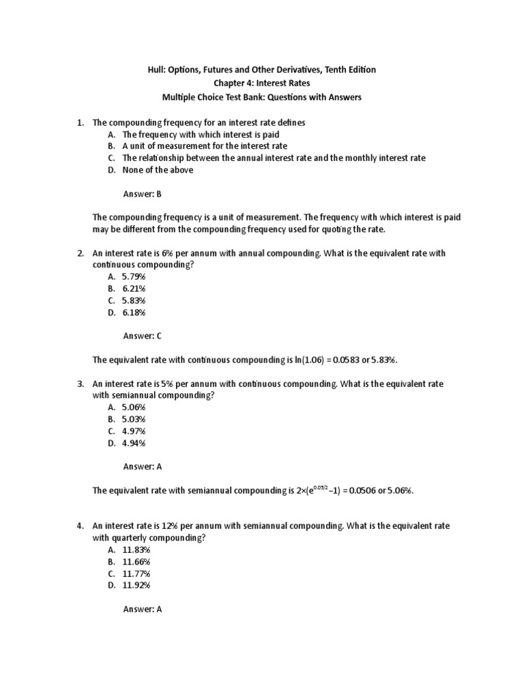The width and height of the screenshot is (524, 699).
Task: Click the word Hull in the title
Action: pos(158,70)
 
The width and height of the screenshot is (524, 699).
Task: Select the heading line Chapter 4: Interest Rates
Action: pos(262,83)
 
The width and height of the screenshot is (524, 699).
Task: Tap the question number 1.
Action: pos(80,122)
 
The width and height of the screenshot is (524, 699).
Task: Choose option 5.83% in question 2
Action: pos(134,300)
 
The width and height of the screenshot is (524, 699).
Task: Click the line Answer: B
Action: pos(142,194)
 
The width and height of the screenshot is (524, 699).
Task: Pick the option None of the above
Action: pos(158,170)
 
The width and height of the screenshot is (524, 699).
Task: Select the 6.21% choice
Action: pos(134,289)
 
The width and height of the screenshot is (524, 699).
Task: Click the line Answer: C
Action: pos(142,336)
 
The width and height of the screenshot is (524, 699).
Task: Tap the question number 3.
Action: pos(80,384)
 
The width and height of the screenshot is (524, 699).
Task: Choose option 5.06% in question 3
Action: pos(134,408)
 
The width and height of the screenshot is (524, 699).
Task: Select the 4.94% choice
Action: pos(134,443)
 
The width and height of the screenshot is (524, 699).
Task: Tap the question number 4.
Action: pos(80,526)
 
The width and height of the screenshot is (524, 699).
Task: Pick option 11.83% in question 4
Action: pos(136,550)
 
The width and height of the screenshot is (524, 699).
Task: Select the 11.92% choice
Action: pos(136,585)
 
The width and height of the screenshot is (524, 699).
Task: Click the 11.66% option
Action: pos(136,561)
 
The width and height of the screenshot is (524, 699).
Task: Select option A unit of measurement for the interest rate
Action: pos(205,146)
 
